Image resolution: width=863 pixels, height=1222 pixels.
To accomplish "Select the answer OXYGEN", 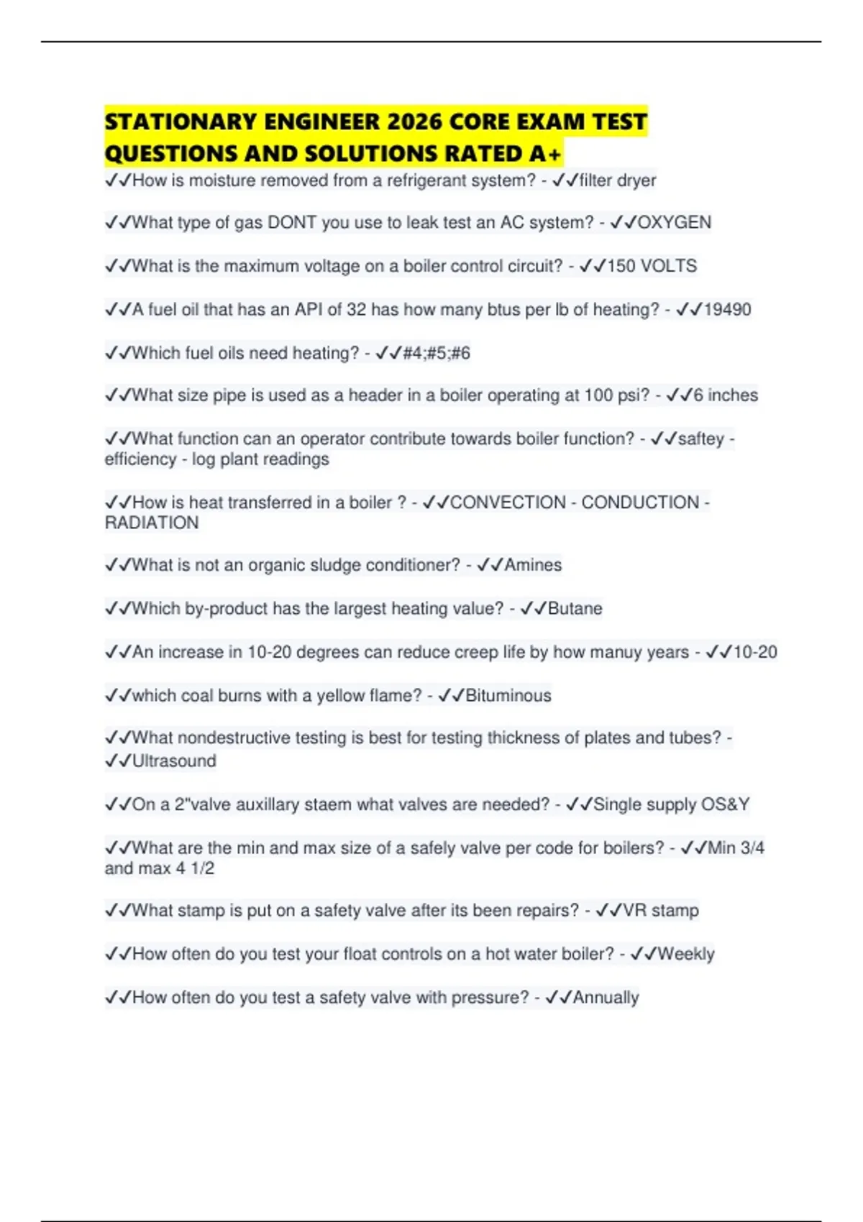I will pos(674,223).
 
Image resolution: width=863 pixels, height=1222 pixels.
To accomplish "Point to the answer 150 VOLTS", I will pos(652,266).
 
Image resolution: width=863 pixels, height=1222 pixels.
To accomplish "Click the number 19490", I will pos(727,310).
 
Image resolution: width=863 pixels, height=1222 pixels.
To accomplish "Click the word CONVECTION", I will pos(508,502).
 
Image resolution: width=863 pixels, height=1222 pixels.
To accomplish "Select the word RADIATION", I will pos(152,523).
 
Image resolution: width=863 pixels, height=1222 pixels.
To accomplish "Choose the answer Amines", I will pos(533,565).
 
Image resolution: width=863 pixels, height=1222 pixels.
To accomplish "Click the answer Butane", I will pos(575,609).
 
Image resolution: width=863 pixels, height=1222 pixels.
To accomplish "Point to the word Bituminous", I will pos(508,696).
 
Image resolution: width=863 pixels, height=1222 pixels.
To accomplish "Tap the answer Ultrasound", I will pos(174,761).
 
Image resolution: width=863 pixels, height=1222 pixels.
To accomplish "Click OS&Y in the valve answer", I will pos(725,804).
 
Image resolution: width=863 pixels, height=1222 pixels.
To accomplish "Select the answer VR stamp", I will pos(660,911).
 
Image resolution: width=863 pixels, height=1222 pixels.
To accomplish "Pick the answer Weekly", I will pos(686,954).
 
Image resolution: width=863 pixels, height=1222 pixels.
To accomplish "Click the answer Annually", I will pos(606,998).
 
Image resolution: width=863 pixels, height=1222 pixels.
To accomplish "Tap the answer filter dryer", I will pos(618,180).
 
